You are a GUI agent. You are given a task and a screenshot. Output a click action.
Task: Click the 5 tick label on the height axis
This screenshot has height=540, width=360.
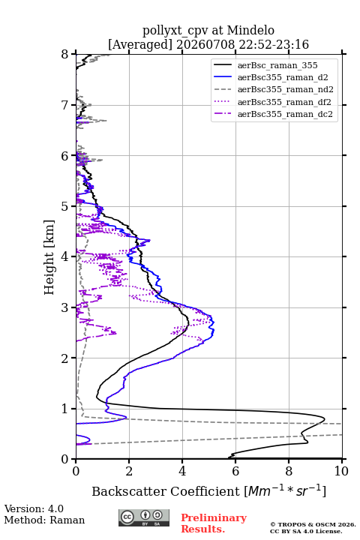coord(65,206)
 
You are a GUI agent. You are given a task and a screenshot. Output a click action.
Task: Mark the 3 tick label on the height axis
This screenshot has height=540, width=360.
coord(65,307)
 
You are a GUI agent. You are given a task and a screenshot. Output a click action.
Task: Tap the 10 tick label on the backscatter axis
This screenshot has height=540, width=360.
coord(341,471)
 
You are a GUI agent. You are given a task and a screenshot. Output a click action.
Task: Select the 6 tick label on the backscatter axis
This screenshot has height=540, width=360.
coord(235,471)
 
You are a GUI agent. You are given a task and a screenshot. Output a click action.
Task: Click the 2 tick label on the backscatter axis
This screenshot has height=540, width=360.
coord(129,471)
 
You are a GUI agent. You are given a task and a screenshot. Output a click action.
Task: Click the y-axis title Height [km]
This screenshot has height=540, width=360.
coord(49,257)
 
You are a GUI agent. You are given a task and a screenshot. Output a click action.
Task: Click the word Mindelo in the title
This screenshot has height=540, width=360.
coord(250,30)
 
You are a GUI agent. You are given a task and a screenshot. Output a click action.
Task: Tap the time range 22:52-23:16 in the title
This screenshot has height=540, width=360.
coord(272,44)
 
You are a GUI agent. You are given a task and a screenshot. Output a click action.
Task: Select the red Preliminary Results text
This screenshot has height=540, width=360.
coord(214,523)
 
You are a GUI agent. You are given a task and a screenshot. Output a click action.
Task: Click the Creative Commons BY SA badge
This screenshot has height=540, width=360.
coord(144,517)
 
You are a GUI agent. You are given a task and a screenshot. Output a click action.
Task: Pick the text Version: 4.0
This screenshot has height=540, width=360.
coord(34,508)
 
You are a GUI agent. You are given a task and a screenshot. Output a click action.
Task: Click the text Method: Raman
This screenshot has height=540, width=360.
coord(44,520)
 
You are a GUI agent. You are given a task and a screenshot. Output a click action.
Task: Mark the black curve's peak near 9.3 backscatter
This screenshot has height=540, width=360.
coord(325,419)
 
